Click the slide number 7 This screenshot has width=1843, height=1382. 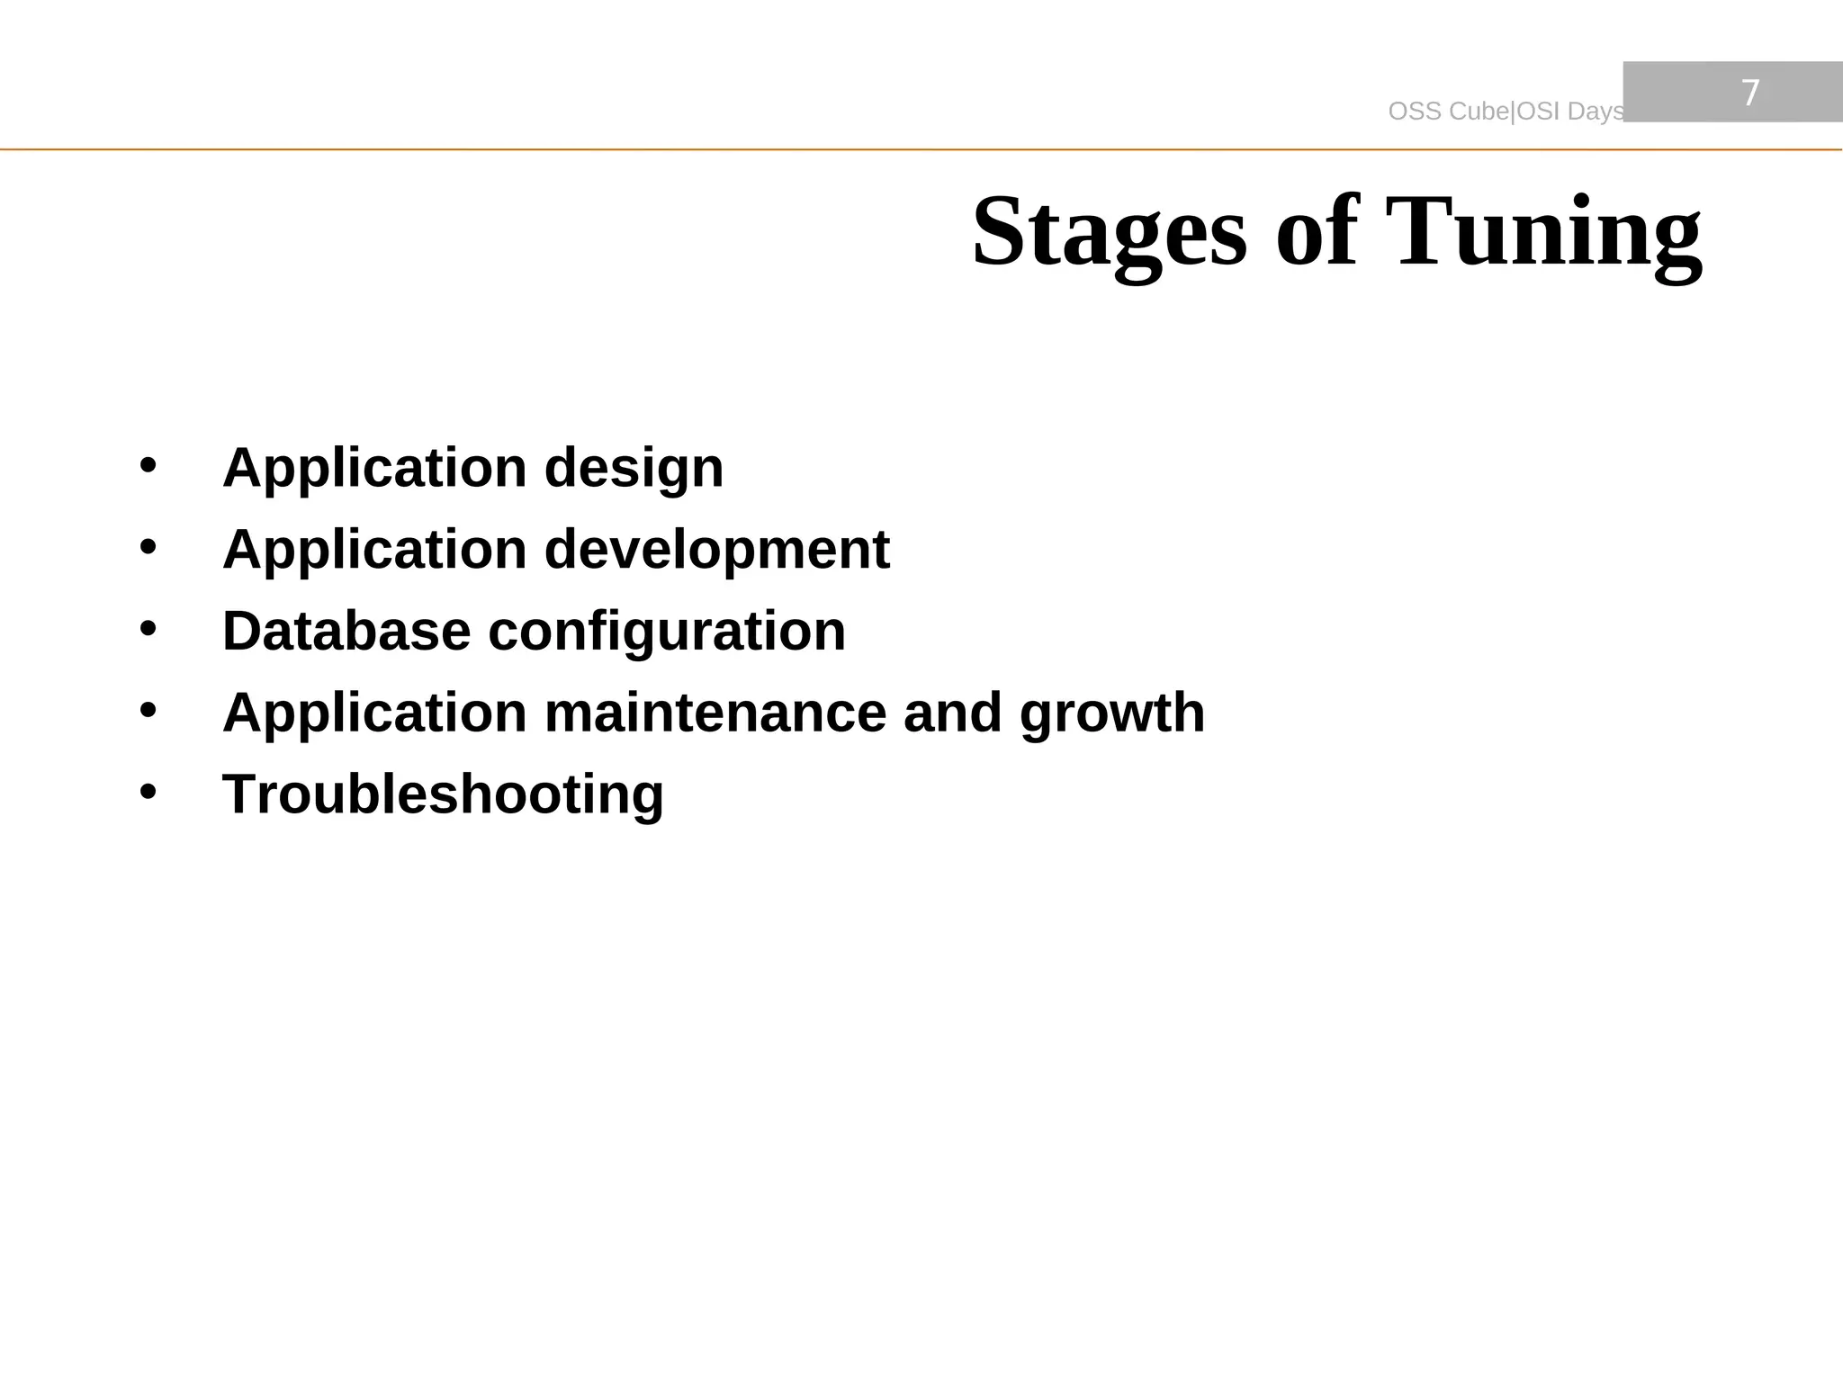click(1749, 93)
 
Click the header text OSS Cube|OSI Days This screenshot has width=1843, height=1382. click(1506, 112)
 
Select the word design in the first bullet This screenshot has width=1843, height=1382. click(634, 468)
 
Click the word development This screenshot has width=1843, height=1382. click(716, 550)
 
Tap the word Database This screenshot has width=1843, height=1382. click(346, 631)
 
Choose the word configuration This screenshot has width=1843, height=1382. click(667, 631)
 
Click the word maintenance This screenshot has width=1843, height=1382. click(715, 713)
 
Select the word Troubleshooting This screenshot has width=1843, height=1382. click(443, 795)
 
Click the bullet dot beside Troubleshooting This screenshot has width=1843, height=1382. click(148, 793)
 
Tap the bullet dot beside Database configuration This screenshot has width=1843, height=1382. click(148, 629)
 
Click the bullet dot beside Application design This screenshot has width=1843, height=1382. click(148, 466)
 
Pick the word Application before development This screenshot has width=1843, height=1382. click(374, 550)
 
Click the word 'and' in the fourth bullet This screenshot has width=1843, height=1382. click(952, 713)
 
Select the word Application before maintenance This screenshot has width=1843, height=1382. click(374, 713)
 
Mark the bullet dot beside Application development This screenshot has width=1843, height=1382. click(148, 547)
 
